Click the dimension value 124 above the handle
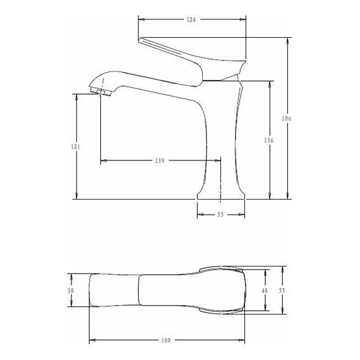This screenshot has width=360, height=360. pyautogui.click(x=191, y=20)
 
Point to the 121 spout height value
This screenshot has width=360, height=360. pyautogui.click(x=76, y=147)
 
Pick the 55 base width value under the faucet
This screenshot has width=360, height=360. pyautogui.click(x=220, y=215)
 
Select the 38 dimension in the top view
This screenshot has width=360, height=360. pyautogui.click(x=71, y=291)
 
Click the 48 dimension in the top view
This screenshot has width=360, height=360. pyautogui.click(x=265, y=291)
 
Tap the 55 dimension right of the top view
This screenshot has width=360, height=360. pyautogui.click(x=283, y=291)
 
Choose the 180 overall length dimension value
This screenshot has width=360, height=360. pyautogui.click(x=165, y=341)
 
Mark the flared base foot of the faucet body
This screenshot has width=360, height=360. pyautogui.click(x=220, y=193)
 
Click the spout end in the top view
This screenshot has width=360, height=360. pyautogui.click(x=92, y=291)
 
